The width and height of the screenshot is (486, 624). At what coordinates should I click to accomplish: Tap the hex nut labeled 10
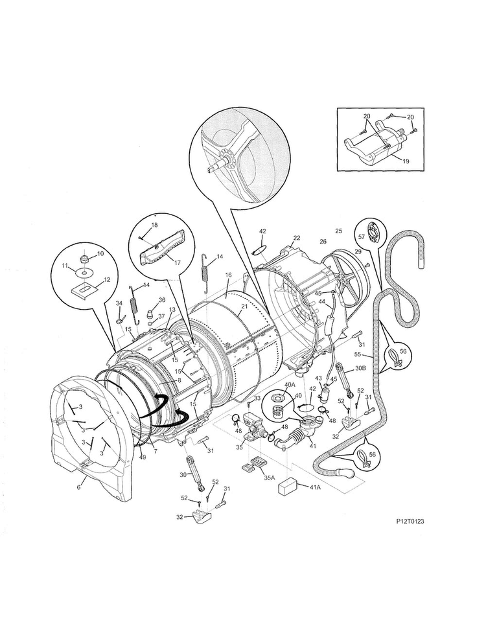pos(84,259)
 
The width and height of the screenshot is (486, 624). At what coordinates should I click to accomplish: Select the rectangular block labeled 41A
pos(287,487)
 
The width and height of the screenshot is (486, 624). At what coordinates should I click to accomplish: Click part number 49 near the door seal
pos(142,457)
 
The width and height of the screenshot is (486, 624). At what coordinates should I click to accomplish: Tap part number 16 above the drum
pos(228,275)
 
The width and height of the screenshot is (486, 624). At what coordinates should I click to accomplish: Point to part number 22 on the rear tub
pos(296,238)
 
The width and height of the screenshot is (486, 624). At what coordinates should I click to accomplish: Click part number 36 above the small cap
pos(162,300)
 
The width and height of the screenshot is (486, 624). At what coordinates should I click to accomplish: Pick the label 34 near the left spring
pos(119,303)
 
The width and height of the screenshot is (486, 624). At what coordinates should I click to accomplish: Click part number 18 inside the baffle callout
pos(154,225)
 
